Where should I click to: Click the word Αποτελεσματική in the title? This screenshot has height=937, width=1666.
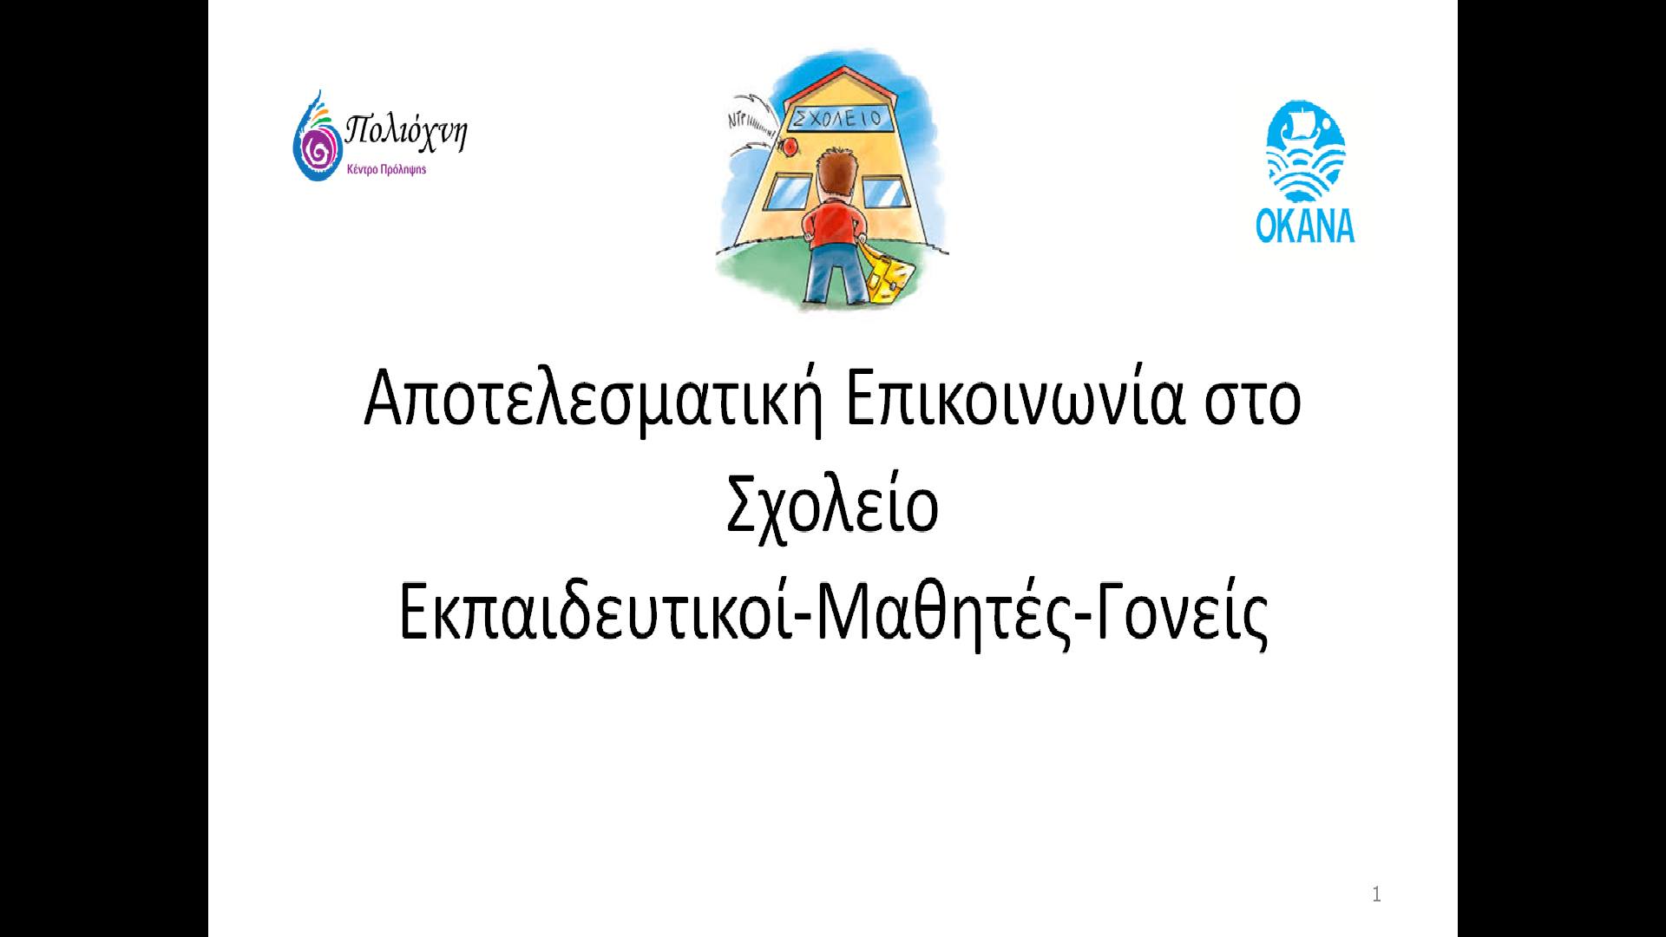592,401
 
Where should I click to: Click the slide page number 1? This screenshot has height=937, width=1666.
1377,895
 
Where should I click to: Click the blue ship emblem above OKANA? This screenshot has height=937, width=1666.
1306,152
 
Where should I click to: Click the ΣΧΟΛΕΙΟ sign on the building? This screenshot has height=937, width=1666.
837,118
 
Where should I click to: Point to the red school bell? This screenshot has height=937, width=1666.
790,147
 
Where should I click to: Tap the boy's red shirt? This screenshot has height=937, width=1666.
833,220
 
